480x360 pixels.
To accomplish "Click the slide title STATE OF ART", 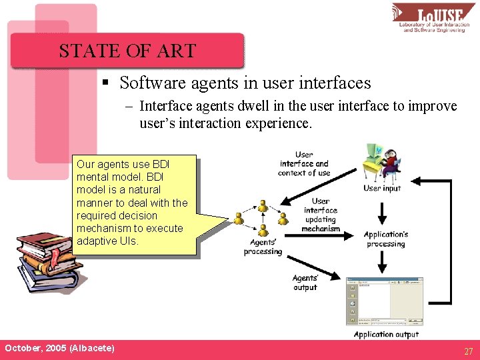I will coord(127,51).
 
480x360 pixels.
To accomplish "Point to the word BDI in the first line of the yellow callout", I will coord(161,164).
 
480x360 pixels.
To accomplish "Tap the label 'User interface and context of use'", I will coord(304,164).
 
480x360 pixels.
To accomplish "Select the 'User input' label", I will coord(382,188).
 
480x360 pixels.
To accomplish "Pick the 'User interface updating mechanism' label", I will coord(321,215).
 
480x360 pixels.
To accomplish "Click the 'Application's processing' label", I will coord(385,239).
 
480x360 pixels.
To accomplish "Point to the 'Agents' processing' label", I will coord(263,247).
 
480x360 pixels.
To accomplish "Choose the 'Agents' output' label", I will coord(305,283).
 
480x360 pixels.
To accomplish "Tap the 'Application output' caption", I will coord(386,334).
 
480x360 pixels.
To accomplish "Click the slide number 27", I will coord(469,351).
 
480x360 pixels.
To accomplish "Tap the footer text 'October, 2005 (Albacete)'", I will coord(59,349).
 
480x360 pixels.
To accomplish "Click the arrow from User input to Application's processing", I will coord(382,212).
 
